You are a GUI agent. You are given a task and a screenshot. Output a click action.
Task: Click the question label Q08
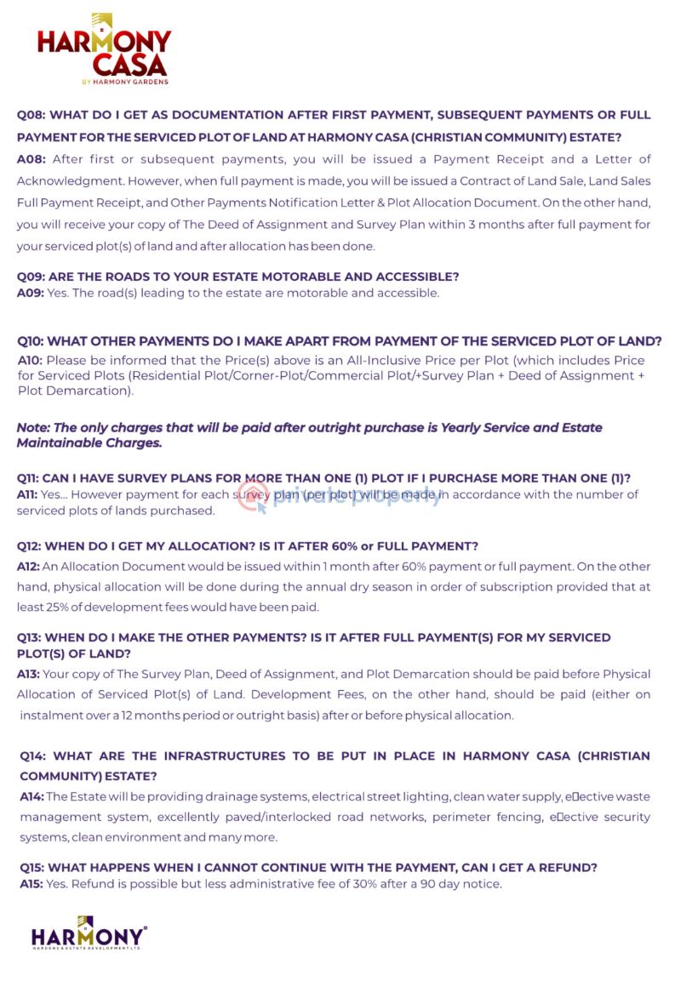(31, 115)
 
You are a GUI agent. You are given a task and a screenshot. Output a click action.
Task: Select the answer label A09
(30, 293)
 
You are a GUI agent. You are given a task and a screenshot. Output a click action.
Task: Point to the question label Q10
(32, 341)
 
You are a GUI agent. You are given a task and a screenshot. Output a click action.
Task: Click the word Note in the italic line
(32, 427)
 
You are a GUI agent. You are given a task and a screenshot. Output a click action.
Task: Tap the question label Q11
(30, 478)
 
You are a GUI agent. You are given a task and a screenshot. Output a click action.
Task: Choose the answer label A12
(30, 566)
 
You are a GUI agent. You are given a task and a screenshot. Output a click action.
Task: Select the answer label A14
(31, 796)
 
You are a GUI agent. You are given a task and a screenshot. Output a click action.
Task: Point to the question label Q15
(31, 868)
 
